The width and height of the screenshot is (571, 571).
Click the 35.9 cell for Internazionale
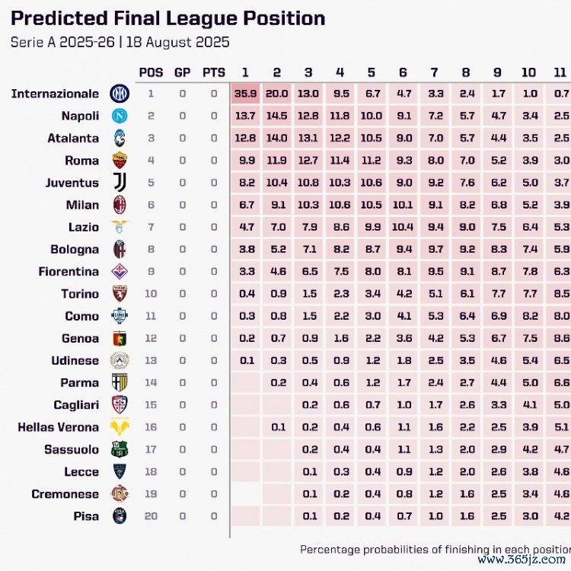click(245, 94)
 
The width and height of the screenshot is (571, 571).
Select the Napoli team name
click(80, 116)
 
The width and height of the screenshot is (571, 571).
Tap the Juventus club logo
click(120, 183)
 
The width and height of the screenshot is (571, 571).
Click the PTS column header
click(214, 72)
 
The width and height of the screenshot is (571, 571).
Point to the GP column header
click(183, 72)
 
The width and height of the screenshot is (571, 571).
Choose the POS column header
click(151, 72)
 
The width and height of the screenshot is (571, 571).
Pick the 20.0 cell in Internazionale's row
click(276, 94)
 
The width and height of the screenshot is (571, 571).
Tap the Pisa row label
click(87, 516)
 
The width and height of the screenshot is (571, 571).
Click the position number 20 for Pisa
click(151, 516)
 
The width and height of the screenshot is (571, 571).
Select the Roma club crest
click(120, 161)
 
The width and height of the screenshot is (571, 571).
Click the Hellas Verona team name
click(59, 427)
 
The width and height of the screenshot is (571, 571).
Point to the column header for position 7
click(434, 72)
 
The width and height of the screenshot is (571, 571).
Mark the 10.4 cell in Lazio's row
click(402, 227)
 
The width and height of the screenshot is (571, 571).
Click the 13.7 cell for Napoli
click(245, 116)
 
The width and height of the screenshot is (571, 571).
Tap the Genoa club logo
click(120, 339)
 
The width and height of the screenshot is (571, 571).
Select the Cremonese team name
click(65, 494)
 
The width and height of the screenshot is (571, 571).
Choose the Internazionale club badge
click(120, 94)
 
